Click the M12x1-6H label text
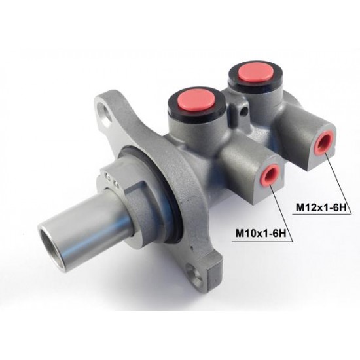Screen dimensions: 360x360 321,207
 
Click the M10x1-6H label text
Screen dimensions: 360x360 261,234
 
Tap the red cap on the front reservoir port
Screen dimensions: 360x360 196,100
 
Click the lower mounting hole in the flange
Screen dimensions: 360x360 194,276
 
